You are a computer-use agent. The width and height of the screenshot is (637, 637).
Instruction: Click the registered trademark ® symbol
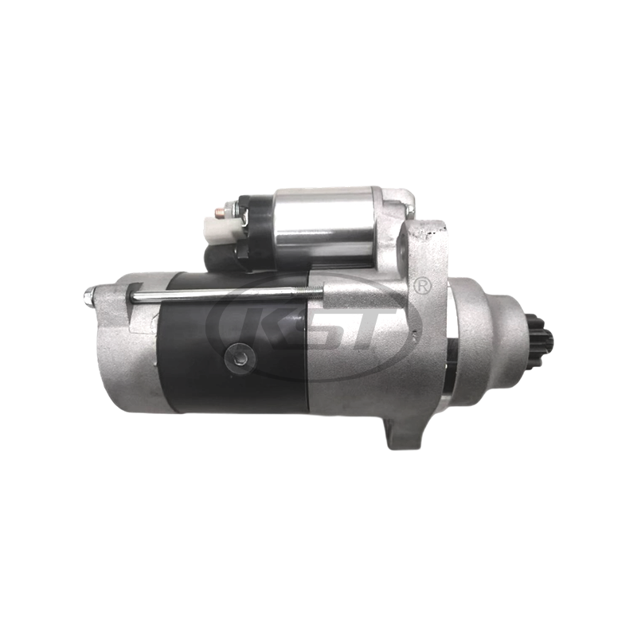(423, 285)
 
